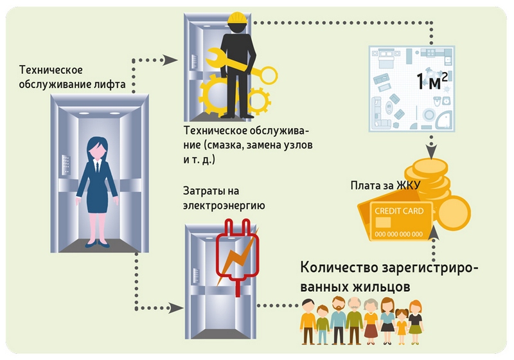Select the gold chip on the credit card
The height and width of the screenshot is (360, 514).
(383, 222)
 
